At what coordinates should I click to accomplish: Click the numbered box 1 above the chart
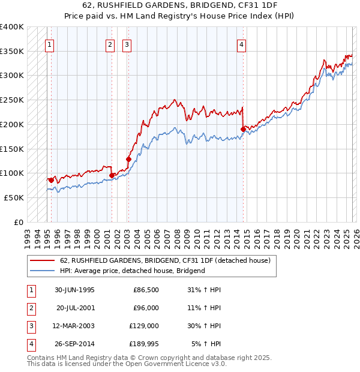[49, 44]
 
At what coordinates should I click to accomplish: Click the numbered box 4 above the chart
[241, 44]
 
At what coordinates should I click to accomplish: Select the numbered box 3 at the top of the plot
[127, 44]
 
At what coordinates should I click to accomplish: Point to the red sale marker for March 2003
[128, 159]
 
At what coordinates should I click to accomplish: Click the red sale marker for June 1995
[51, 179]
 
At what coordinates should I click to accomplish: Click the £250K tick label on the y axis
[12, 100]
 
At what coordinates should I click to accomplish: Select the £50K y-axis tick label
[14, 197]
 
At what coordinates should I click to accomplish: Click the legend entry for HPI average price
[133, 271]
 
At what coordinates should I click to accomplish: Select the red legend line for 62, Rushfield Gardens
[42, 260]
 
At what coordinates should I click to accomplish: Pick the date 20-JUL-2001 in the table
[75, 308]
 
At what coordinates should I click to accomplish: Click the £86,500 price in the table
[145, 290]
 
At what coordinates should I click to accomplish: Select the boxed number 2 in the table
[31, 308]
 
